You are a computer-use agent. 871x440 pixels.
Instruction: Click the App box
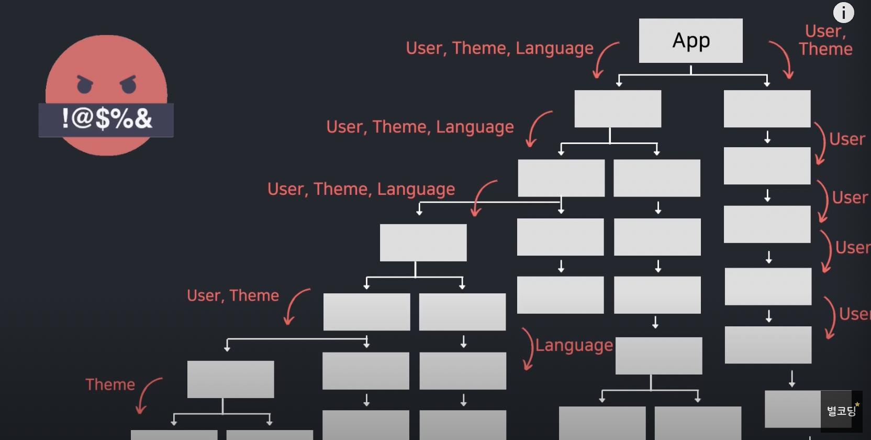click(x=690, y=41)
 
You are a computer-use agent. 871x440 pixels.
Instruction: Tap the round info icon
click(x=843, y=13)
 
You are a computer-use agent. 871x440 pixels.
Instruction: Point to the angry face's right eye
click(x=128, y=84)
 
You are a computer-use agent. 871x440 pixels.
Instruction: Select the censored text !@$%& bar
click(x=106, y=119)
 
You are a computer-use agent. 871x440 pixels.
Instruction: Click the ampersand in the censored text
click(x=143, y=118)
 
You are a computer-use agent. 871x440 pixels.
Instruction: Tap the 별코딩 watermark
click(x=841, y=410)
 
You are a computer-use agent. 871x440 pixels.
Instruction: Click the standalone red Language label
click(x=574, y=345)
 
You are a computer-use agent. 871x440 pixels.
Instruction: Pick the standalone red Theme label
click(x=110, y=384)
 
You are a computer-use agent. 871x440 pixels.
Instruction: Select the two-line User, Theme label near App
click(x=825, y=40)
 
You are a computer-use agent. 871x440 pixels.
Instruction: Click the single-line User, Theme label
click(x=233, y=295)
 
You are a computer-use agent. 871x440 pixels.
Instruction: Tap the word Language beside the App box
click(x=554, y=48)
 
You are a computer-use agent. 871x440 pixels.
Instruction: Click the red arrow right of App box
click(x=783, y=59)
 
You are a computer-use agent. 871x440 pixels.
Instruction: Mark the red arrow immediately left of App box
click(x=605, y=59)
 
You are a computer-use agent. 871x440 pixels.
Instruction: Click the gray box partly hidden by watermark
click(x=792, y=409)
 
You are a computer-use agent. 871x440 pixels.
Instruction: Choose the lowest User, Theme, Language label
click(x=361, y=189)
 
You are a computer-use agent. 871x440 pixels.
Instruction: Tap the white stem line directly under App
click(x=691, y=70)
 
